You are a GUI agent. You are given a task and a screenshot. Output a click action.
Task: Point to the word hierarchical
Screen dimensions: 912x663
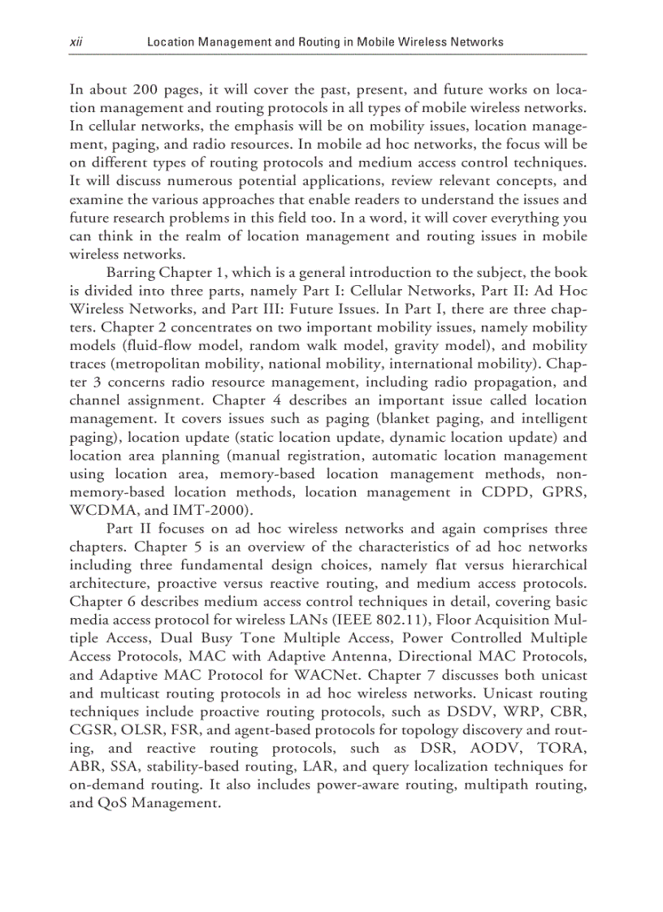tap(545, 564)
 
